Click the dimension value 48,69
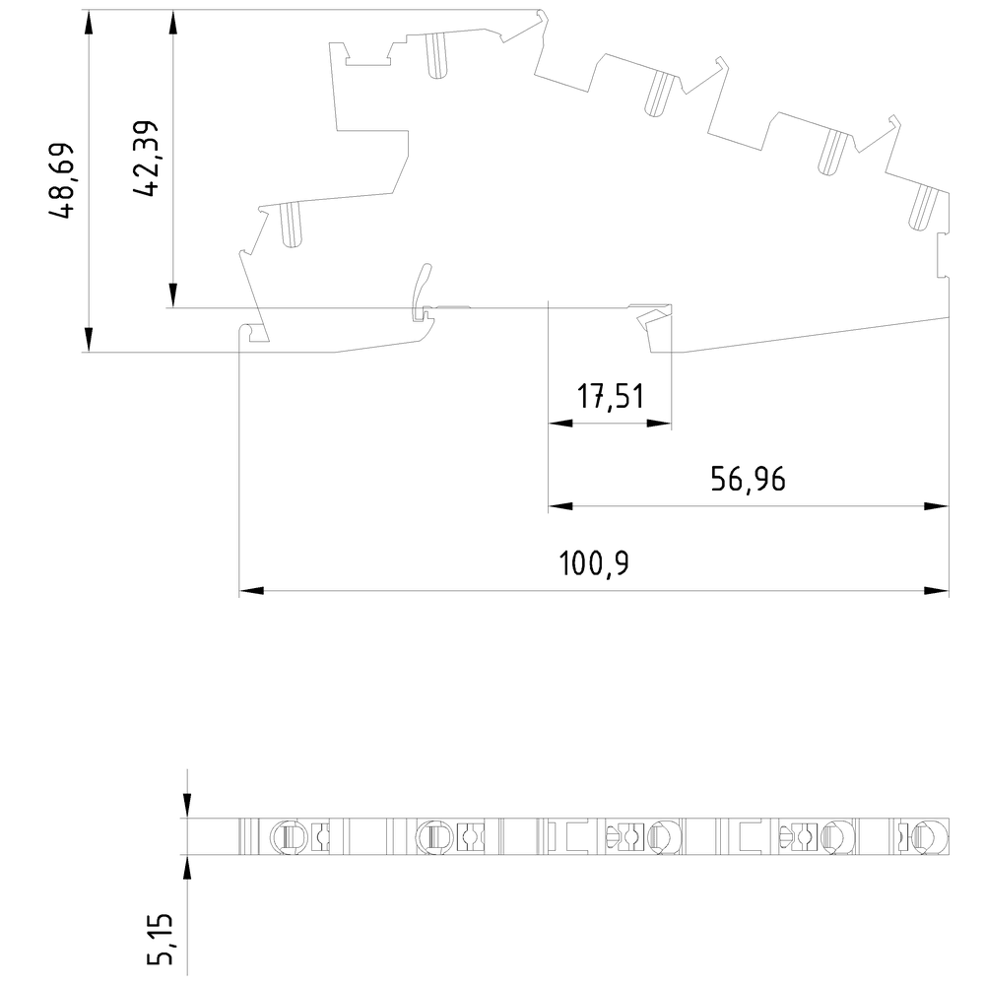click(61, 181)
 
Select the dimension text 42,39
click(146, 159)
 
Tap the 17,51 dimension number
click(611, 397)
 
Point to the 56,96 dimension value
click(748, 480)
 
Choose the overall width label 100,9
click(594, 563)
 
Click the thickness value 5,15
click(160, 939)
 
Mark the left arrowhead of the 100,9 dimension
click(251, 590)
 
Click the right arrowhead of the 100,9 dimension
click(936, 590)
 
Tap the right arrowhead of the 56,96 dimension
click(936, 505)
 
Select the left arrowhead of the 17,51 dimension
click(560, 424)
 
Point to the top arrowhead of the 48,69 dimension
click(89, 23)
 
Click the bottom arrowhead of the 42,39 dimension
click(173, 295)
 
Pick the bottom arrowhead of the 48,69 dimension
click(89, 340)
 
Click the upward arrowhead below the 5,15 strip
click(186, 867)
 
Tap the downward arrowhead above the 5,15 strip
click(186, 806)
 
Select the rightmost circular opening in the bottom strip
click(931, 836)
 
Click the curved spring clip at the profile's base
click(422, 292)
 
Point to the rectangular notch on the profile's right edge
click(943, 255)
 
